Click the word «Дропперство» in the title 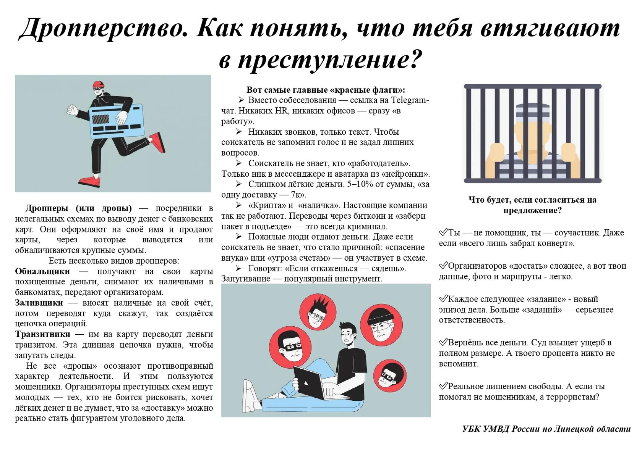coord(104,29)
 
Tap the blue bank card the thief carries coord(117,121)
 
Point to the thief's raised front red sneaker coord(157,142)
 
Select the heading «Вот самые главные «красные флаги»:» coord(326,90)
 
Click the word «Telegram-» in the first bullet coord(410,100)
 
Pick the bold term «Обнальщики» coord(42,271)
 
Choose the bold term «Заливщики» coord(39,303)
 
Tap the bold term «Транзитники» coord(42,334)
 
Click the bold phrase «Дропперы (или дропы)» coord(79,208)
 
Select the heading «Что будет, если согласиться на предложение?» coord(533,205)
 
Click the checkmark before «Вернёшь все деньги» coord(443,342)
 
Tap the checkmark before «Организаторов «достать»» coord(443,265)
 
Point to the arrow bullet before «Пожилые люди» coord(239,237)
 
